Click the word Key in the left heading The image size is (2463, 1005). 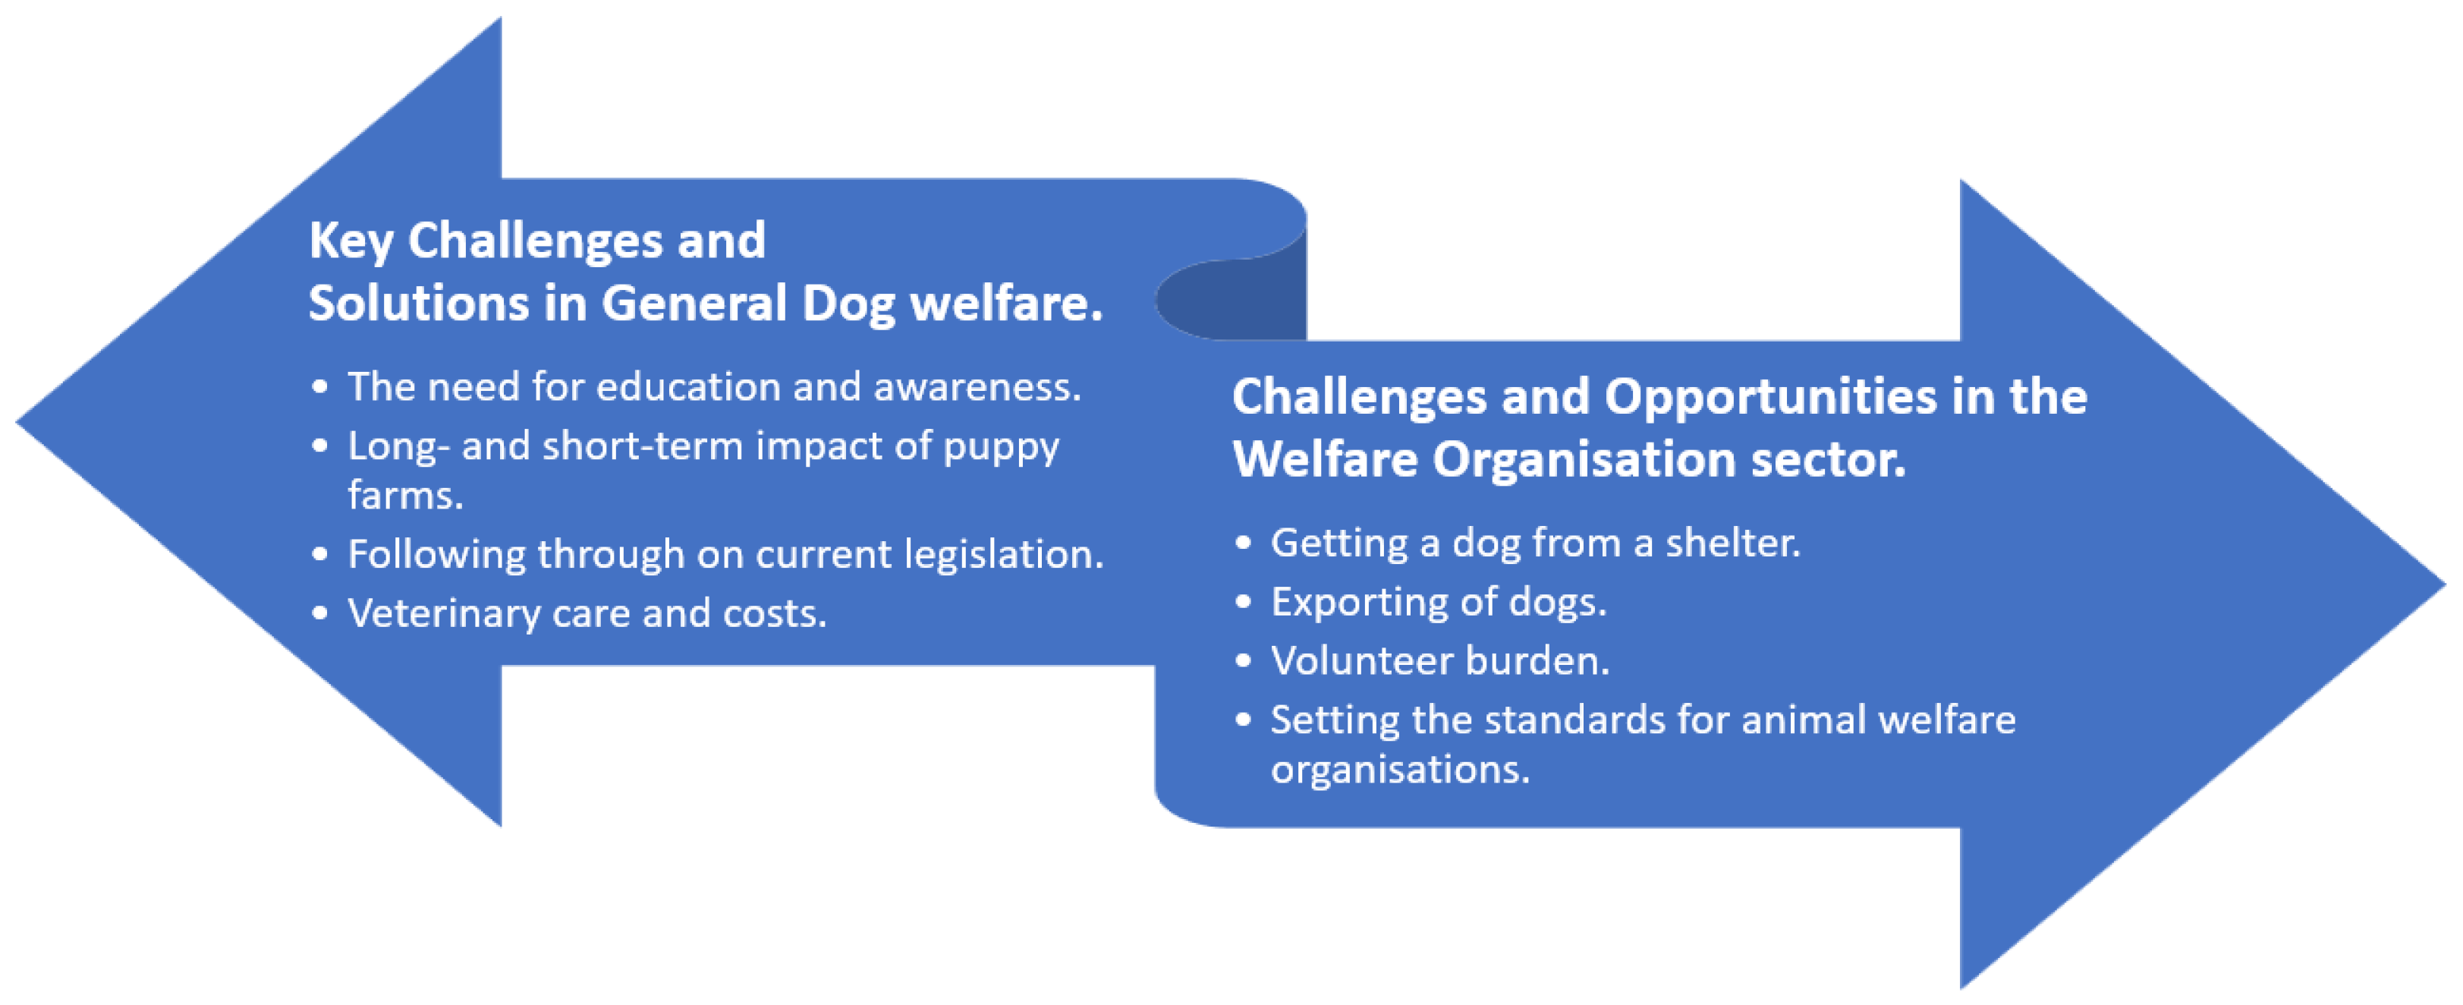(x=350, y=241)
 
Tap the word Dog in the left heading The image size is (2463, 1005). (x=847, y=304)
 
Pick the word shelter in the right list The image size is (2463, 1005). (x=1732, y=543)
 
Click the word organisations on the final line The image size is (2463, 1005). (x=1400, y=770)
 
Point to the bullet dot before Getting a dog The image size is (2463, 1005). (x=1242, y=544)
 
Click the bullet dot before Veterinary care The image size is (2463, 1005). (x=319, y=614)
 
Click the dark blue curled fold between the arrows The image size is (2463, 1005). (x=1243, y=301)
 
